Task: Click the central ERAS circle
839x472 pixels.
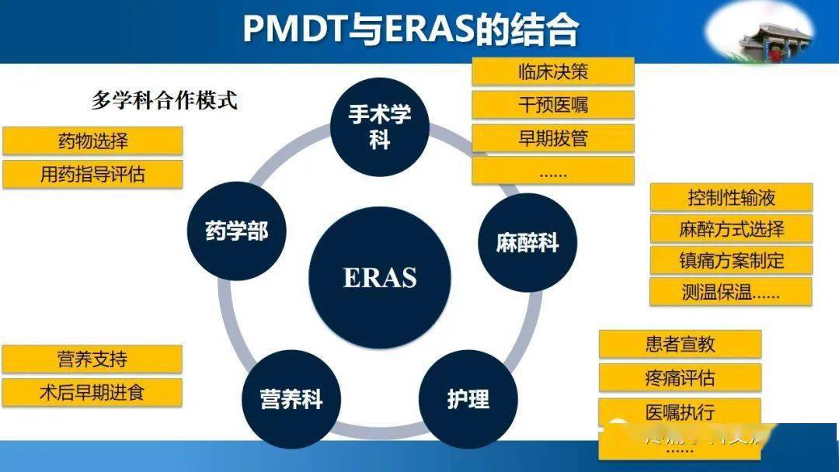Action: click(x=380, y=276)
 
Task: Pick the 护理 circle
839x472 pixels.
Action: click(x=468, y=399)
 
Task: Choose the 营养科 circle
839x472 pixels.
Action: click(x=291, y=400)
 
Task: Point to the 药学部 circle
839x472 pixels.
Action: click(x=236, y=231)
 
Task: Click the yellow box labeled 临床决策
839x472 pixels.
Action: click(x=553, y=72)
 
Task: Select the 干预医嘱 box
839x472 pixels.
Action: click(x=553, y=105)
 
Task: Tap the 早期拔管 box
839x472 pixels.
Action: click(x=553, y=138)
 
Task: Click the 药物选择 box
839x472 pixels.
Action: click(x=93, y=141)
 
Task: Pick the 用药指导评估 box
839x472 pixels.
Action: click(x=93, y=174)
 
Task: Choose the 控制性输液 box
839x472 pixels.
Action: click(x=731, y=197)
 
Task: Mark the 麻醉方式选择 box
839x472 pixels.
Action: click(x=731, y=229)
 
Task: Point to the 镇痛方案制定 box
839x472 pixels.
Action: click(x=731, y=260)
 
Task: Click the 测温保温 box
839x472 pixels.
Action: click(x=731, y=292)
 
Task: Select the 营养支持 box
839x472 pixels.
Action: click(x=92, y=359)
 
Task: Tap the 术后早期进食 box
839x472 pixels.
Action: click(x=92, y=393)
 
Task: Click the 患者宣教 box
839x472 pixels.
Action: click(x=680, y=344)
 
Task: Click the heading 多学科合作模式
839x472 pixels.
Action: click(x=164, y=101)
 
